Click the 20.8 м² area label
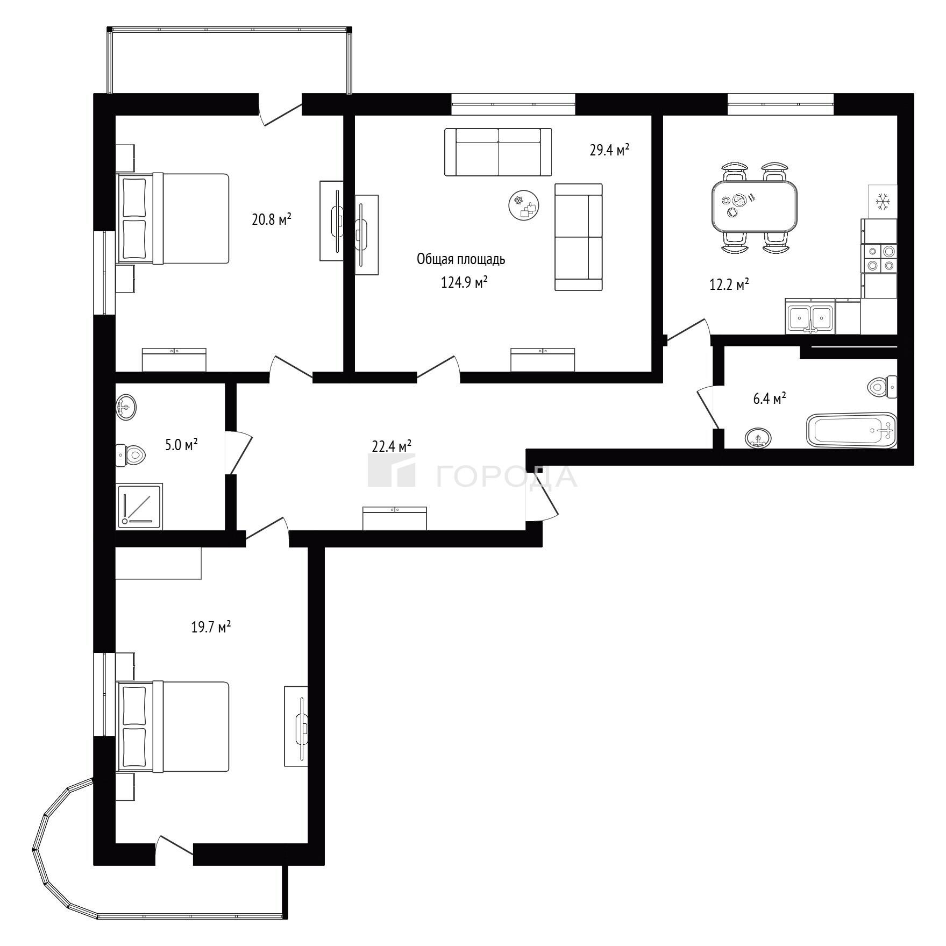pyautogui.click(x=272, y=219)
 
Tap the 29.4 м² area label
pyautogui.click(x=609, y=150)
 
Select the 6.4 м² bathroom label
pyautogui.click(x=770, y=399)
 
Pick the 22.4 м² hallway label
pyautogui.click(x=392, y=446)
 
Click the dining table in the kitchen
pyautogui.click(x=755, y=206)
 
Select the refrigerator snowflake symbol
pyautogui.click(x=883, y=202)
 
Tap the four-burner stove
pyautogui.click(x=879, y=258)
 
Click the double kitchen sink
pyautogui.click(x=810, y=317)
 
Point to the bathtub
pyautogui.click(x=852, y=430)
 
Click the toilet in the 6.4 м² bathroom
pyautogui.click(x=883, y=386)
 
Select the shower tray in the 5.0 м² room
pyautogui.click(x=139, y=506)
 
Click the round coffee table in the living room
pyautogui.click(x=524, y=205)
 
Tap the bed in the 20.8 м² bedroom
pyautogui.click(x=173, y=218)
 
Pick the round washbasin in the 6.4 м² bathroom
pyautogui.click(x=758, y=438)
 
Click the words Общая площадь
pyautogui.click(x=461, y=259)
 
